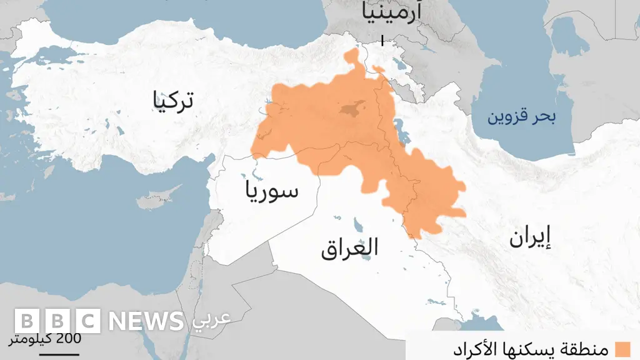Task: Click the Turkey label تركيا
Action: [172, 101]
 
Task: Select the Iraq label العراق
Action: [349, 248]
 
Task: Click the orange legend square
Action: [622, 349]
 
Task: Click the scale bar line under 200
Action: [59, 354]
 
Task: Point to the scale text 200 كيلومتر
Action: [44, 339]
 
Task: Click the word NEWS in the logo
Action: [146, 321]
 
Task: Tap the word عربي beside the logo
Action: [211, 318]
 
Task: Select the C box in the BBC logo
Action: [88, 321]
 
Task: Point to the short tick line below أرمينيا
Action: [381, 41]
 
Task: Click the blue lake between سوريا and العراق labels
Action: [359, 223]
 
